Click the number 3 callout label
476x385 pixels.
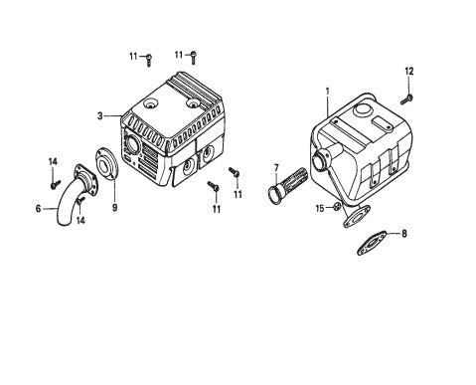pos(100,116)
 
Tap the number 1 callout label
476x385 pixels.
pos(327,92)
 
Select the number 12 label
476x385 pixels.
pos(408,70)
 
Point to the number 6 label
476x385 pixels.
pos(39,209)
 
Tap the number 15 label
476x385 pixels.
pos(320,208)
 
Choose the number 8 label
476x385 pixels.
pos(403,235)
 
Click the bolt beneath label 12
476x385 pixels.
pos(406,96)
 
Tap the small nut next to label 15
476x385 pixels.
pos(336,207)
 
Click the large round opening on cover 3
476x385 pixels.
pos(129,145)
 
